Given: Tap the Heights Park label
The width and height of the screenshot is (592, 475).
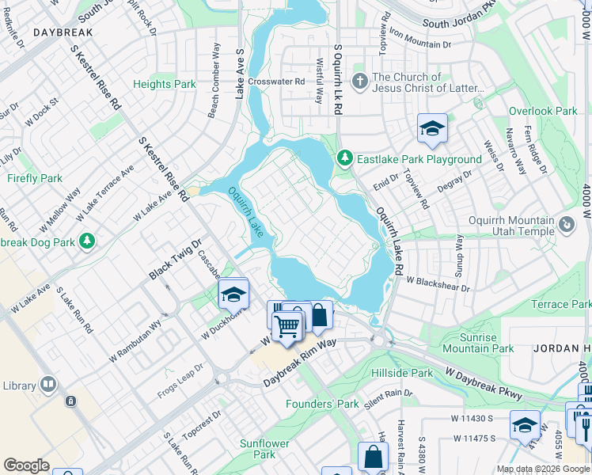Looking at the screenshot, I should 165,84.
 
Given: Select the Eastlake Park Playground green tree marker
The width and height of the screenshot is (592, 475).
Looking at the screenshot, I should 344,159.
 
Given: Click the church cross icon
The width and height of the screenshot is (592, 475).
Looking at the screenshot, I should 359,81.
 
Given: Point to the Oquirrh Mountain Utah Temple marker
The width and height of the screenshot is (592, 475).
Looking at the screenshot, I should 567,226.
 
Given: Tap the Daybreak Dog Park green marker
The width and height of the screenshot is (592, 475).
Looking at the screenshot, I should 87,239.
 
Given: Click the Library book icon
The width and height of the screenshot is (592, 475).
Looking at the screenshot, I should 48,386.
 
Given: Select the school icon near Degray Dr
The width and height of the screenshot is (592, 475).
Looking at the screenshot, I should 432,129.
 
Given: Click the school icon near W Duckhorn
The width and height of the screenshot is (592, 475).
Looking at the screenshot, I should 233,294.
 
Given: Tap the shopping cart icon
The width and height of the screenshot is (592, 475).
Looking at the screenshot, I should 287,325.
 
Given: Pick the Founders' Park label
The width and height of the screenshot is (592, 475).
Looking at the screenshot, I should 323,404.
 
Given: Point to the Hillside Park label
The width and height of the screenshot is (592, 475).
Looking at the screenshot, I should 405,373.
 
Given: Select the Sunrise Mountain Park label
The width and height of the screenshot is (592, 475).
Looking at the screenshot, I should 478,343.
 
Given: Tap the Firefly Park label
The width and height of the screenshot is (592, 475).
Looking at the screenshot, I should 35,178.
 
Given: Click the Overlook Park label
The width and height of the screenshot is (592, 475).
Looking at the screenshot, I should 543,112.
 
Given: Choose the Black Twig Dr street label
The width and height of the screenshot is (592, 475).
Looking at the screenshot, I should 176,259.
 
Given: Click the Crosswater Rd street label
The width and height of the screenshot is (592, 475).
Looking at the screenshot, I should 276,82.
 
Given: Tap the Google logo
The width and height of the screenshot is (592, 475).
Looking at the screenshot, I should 26,465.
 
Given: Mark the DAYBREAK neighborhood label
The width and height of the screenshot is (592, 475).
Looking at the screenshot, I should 63,32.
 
